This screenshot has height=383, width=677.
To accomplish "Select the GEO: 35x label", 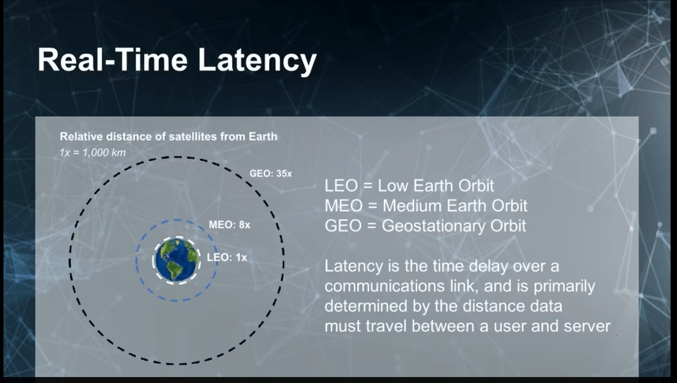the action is coord(270,174).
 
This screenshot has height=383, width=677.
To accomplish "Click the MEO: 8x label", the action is coord(229,225).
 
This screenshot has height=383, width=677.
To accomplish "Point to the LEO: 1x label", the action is coord(227,257).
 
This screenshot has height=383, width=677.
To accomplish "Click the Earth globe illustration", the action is coord(176,260).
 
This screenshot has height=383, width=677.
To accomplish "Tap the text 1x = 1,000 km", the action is coord(92,153).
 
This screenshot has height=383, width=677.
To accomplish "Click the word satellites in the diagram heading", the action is coord(193,137).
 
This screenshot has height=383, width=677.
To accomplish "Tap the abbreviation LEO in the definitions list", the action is coord(341,186).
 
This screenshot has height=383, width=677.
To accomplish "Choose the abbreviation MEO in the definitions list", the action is coord(343,206).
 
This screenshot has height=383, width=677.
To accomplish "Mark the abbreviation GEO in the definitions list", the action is coord(343,226).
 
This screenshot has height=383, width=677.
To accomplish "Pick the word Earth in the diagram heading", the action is coord(263,137).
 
